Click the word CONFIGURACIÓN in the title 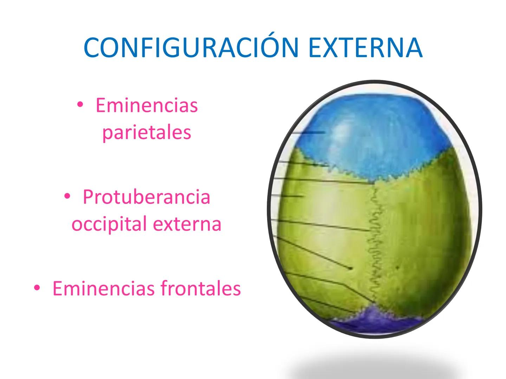tap(191, 47)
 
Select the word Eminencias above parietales tap(147, 105)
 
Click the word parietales tap(147, 133)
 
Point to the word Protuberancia tap(147, 197)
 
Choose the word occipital tap(109, 224)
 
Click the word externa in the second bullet tap(187, 224)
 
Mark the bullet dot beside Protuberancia tap(67, 196)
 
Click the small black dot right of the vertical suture tap(397, 267)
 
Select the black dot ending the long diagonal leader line tap(350, 268)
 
